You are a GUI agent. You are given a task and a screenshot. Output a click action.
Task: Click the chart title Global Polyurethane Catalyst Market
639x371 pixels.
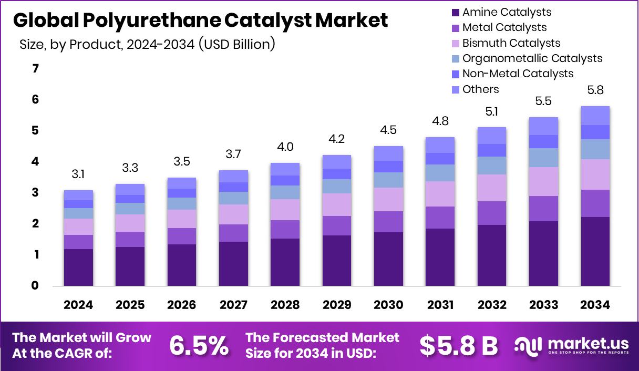coord(200,20)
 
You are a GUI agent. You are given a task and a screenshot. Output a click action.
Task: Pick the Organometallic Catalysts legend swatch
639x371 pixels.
coord(455,58)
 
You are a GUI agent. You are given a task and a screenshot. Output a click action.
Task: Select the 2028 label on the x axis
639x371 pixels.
coord(285,305)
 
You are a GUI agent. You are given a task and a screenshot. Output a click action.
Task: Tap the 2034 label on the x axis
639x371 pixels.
coord(595,305)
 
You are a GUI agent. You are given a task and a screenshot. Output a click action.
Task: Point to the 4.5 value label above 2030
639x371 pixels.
coord(388,130)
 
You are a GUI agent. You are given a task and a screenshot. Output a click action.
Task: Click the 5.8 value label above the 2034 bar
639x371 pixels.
coord(595,90)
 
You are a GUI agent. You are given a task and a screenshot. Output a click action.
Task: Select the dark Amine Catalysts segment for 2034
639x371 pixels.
coord(595,251)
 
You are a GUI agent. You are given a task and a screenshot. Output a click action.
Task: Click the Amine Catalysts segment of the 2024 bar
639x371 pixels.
coord(78,267)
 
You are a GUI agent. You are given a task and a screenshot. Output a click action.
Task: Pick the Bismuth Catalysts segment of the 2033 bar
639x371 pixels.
coord(543,181)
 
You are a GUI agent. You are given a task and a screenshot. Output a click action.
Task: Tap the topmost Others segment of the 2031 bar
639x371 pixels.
coord(440,145)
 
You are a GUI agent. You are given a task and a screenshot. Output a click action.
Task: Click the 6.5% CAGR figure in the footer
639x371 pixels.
coord(199,345)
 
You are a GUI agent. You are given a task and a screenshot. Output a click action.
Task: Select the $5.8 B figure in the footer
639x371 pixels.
coord(458,345)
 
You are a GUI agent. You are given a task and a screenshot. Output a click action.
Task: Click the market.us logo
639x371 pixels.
coord(572,345)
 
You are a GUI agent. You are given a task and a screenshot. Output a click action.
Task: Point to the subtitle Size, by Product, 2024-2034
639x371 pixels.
coord(147,44)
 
